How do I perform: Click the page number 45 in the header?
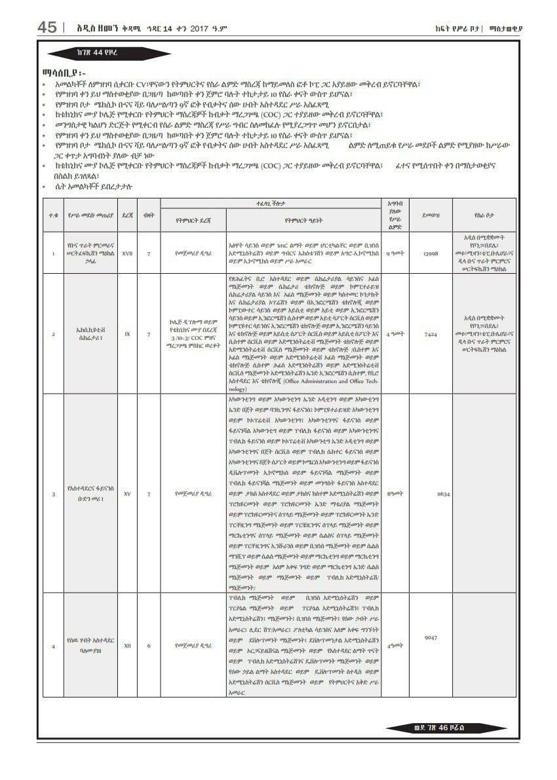coord(47,27)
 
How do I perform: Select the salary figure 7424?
coord(430,334)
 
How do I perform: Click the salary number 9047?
coord(431,637)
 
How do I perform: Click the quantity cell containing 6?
coord(149,646)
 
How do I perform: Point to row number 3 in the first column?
coord(53,494)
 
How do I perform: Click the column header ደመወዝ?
coord(430,214)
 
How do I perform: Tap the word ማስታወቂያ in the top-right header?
coord(506,28)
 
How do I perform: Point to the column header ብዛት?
coord(149,214)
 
